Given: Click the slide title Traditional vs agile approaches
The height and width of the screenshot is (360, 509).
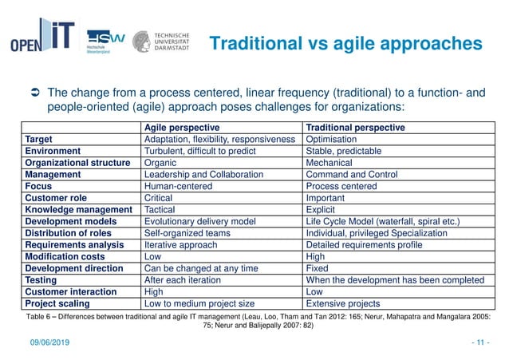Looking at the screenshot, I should [x=345, y=43].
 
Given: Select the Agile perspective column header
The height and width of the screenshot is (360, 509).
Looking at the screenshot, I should [x=182, y=127].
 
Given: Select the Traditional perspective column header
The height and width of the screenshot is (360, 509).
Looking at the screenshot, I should [x=356, y=127].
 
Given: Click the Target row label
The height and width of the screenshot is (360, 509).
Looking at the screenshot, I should [x=41, y=139].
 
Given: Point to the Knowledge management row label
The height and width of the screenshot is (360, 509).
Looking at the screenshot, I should [x=78, y=210].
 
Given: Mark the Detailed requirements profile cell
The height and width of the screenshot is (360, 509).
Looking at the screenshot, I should [x=367, y=245].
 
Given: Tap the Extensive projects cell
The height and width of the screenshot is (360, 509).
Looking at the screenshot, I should [x=343, y=303].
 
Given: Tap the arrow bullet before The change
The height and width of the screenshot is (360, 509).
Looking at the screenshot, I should [x=34, y=94].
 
